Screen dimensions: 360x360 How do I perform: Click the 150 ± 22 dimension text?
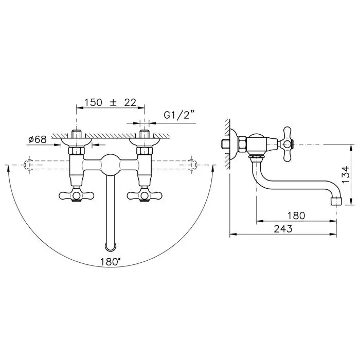[111, 103]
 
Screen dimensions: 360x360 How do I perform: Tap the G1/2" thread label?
[179, 115]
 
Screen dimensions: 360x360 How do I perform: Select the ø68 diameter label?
[38, 139]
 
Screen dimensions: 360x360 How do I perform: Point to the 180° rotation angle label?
[110, 262]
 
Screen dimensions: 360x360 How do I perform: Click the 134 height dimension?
[346, 174]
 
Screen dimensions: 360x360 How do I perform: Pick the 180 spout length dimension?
[296, 215]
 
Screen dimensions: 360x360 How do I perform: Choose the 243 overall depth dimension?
[283, 229]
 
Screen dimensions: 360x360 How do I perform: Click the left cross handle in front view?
[77, 195]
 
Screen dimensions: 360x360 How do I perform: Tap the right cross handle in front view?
[145, 195]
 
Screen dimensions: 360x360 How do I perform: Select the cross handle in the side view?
[287, 144]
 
